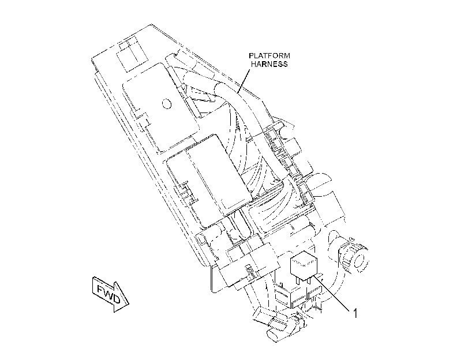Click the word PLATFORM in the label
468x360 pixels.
(269, 56)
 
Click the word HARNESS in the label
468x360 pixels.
(269, 64)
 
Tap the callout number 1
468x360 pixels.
(355, 313)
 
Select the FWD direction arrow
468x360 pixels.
(110, 294)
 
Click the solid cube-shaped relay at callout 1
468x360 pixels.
(304, 266)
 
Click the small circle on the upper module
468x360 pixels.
(167, 104)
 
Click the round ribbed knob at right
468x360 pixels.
(354, 256)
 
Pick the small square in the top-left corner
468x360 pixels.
(123, 46)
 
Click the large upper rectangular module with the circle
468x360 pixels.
(161, 107)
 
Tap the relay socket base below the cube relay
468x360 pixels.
(298, 294)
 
